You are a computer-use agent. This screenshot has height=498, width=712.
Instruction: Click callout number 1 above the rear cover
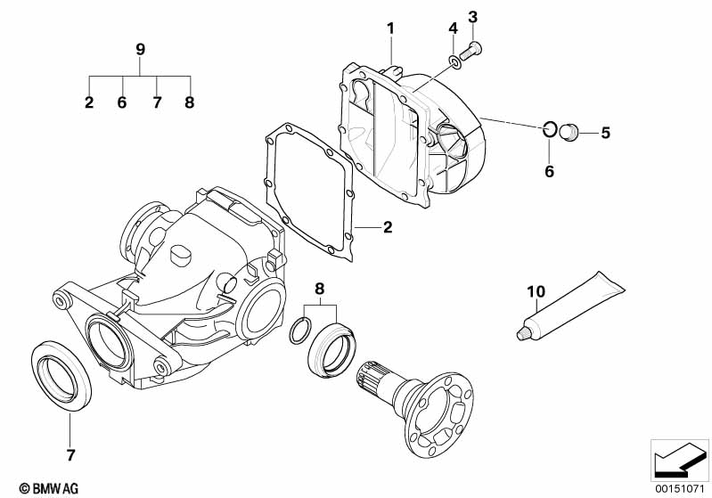[389, 29]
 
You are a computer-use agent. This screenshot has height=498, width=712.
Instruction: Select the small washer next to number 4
[454, 61]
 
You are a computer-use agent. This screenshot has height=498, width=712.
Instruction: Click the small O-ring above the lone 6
[550, 131]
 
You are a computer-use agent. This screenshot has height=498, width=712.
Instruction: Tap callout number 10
[535, 291]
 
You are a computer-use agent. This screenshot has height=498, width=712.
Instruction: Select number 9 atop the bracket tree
[140, 49]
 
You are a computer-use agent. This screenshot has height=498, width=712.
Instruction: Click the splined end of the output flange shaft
[375, 379]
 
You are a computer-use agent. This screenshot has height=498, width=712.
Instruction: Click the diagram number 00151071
[680, 487]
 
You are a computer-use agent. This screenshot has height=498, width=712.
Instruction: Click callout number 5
[605, 134]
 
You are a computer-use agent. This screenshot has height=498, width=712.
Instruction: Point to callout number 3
[473, 16]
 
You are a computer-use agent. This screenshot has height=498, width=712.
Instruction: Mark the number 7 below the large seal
[70, 454]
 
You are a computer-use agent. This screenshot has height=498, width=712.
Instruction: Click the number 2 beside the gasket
[388, 228]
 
